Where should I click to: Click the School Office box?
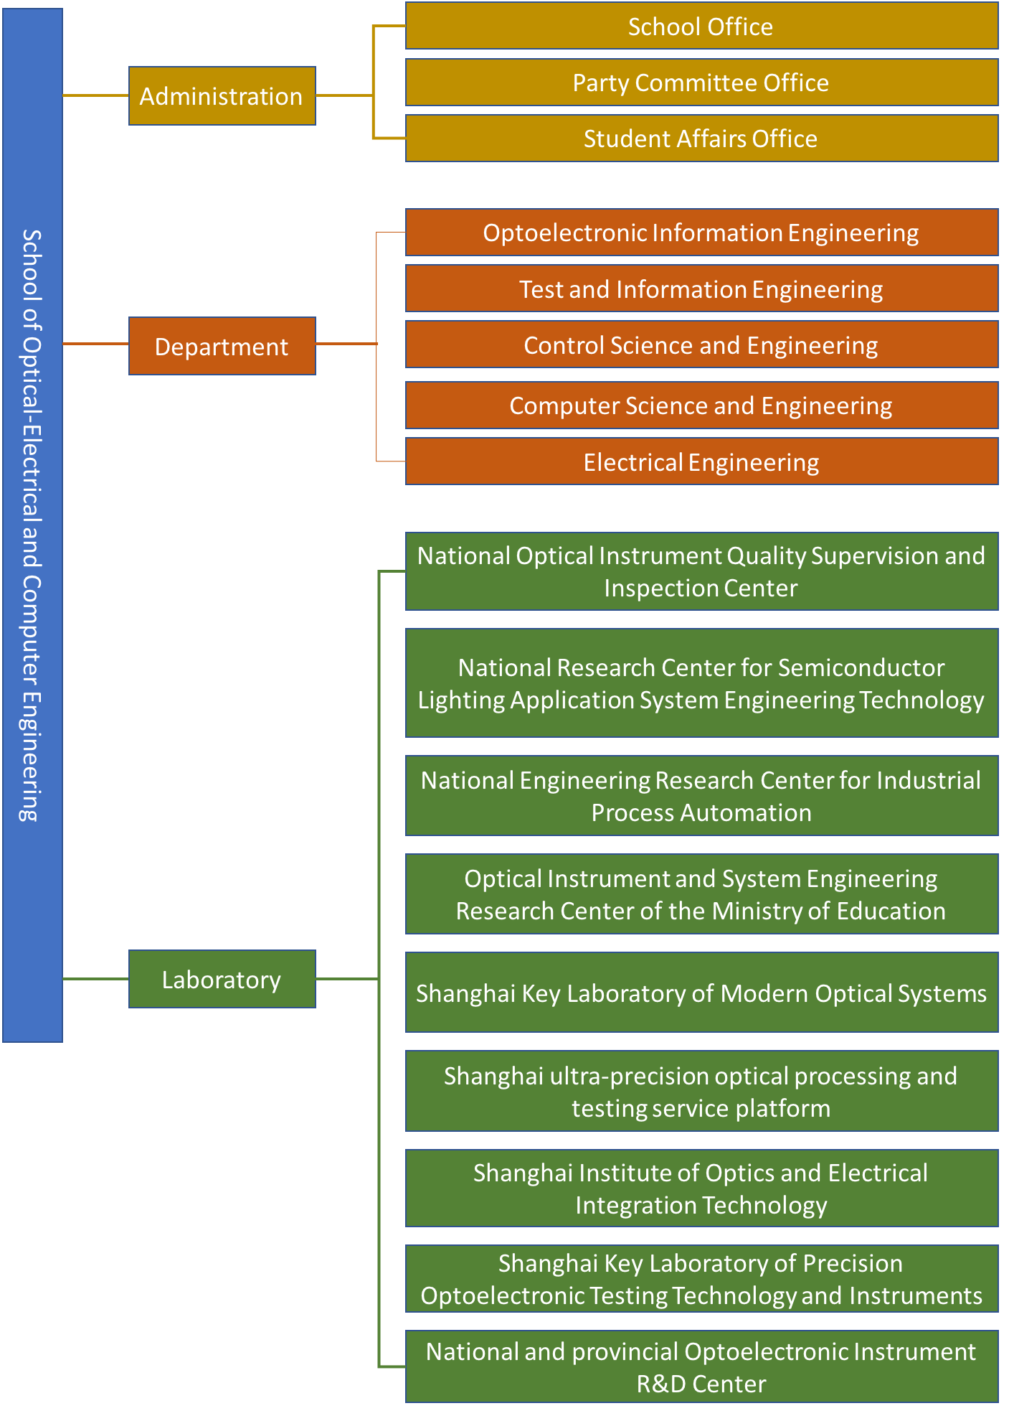(x=701, y=26)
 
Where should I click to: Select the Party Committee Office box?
(x=701, y=83)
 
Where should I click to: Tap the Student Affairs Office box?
(x=701, y=139)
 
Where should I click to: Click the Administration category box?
(x=222, y=96)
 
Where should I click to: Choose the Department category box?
(x=222, y=346)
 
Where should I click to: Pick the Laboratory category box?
(x=222, y=979)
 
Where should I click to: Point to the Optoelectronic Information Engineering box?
(x=701, y=233)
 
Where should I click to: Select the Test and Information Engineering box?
(x=701, y=289)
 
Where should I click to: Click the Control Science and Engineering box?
(x=701, y=344)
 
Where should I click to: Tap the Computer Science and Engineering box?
(x=701, y=405)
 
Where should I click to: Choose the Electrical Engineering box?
(x=701, y=461)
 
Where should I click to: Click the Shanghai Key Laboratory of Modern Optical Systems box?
(x=701, y=993)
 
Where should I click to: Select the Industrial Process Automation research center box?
(x=701, y=796)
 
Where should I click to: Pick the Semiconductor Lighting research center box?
(x=701, y=683)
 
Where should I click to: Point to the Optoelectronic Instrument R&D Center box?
(x=701, y=1366)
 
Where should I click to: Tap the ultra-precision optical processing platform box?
(x=701, y=1091)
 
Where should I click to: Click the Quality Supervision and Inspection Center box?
(x=701, y=571)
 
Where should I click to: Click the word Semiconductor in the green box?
(x=861, y=667)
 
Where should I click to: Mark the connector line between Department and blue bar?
(x=95, y=344)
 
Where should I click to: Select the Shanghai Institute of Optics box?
(x=701, y=1188)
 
